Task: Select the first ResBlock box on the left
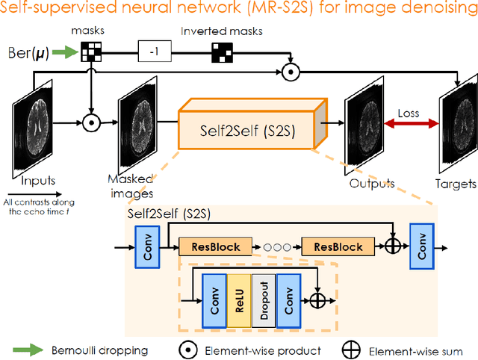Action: point(210,246)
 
